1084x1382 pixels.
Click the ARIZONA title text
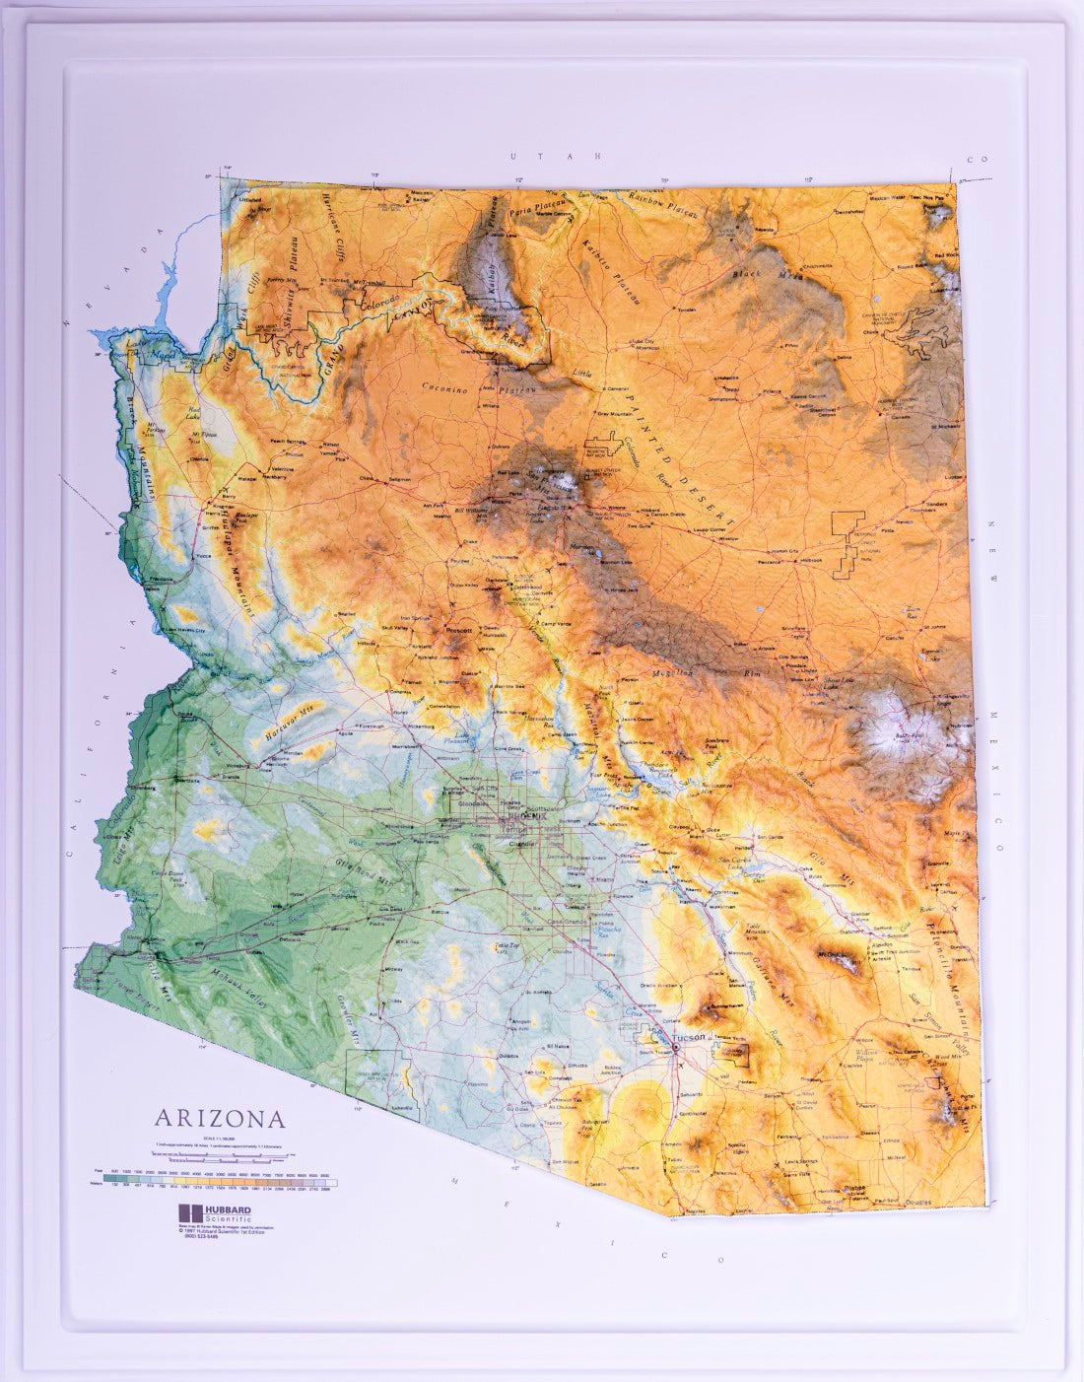coord(219,1119)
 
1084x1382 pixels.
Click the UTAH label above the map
coord(555,156)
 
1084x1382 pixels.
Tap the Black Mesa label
coord(779,275)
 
